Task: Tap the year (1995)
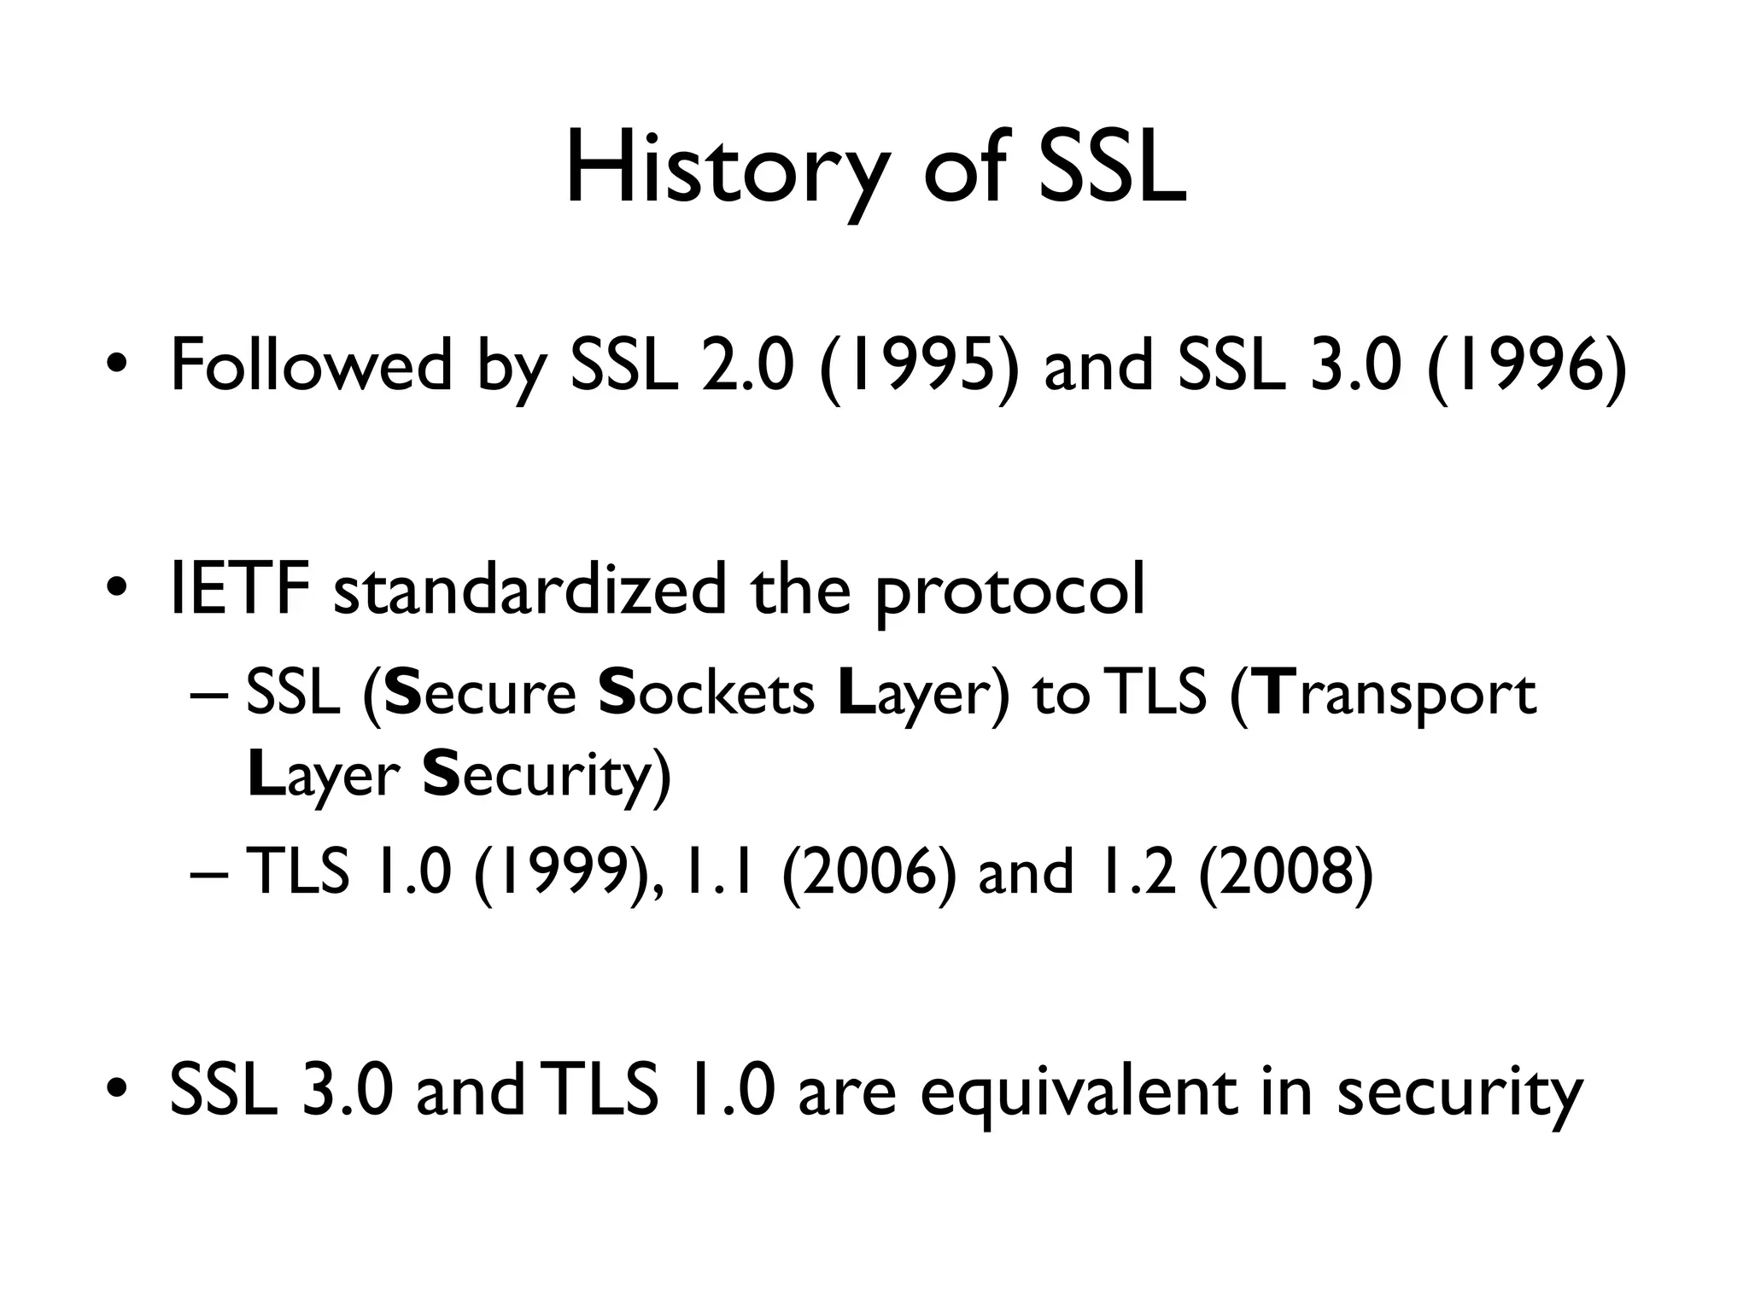click(x=919, y=366)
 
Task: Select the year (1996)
click(x=1526, y=366)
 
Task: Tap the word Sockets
click(x=707, y=693)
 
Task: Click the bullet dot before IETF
click(x=118, y=588)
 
